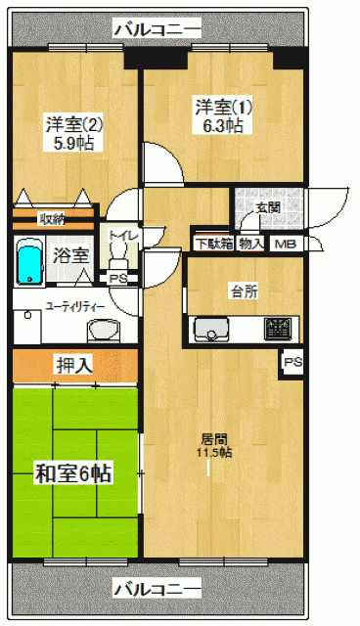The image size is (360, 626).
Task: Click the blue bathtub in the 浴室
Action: point(30,261)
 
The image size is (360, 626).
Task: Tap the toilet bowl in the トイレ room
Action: point(118,256)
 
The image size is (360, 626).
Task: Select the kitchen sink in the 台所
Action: point(211,330)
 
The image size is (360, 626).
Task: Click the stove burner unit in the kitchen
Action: point(278,329)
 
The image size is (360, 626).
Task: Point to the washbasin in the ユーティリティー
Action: point(103,331)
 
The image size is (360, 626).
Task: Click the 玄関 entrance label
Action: point(268,207)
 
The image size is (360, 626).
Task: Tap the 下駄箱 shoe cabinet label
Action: point(214,244)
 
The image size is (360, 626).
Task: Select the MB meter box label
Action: point(286,244)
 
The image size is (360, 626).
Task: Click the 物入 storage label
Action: point(251,244)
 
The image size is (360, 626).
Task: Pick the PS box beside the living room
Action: point(292,363)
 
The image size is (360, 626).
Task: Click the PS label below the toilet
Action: point(118,279)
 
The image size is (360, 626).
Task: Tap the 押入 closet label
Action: point(74,365)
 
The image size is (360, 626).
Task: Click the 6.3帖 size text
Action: point(223,126)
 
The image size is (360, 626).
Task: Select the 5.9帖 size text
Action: point(74,143)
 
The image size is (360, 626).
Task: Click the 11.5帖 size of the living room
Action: point(214,453)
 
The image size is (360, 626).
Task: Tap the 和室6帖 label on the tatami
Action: point(73,473)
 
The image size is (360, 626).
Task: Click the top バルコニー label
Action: point(157,30)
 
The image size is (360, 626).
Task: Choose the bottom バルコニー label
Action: point(157,589)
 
